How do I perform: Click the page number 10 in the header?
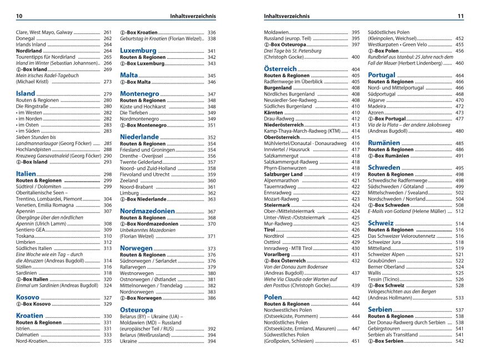click(x=19, y=16)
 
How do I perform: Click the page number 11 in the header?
click(x=460, y=16)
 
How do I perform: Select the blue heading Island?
click(x=26, y=93)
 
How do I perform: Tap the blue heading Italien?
click(x=26, y=173)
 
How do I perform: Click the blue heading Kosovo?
click(x=27, y=297)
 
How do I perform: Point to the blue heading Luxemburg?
click(x=138, y=50)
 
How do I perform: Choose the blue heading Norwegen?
click(x=136, y=248)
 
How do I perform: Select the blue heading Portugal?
click(x=382, y=74)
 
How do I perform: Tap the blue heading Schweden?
click(x=384, y=167)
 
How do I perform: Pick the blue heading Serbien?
click(x=380, y=309)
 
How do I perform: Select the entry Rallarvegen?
click(x=134, y=267)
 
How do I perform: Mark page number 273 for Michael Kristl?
click(x=108, y=82)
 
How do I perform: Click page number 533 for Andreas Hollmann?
click(x=459, y=297)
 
